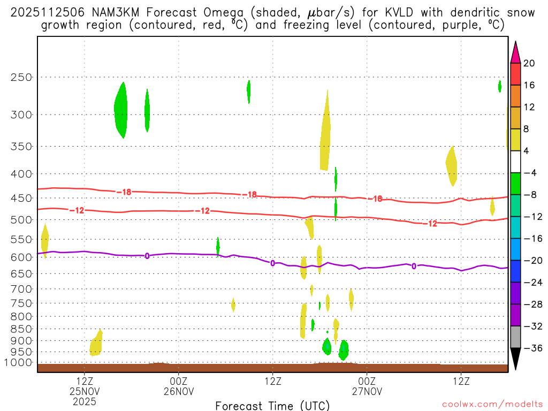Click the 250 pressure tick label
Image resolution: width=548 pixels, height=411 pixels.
(x=21, y=77)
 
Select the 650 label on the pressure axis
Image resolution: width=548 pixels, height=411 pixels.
(x=21, y=273)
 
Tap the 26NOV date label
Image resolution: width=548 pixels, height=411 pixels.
(x=178, y=391)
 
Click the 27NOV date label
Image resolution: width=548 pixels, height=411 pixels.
(x=367, y=391)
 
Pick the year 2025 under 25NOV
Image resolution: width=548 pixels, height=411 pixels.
(x=85, y=401)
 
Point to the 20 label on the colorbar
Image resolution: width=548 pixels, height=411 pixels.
(x=529, y=63)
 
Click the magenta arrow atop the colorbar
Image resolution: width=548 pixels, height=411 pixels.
(x=515, y=52)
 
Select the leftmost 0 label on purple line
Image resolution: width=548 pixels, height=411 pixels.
(x=147, y=256)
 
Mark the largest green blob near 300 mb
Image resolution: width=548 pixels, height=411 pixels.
(x=121, y=110)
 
